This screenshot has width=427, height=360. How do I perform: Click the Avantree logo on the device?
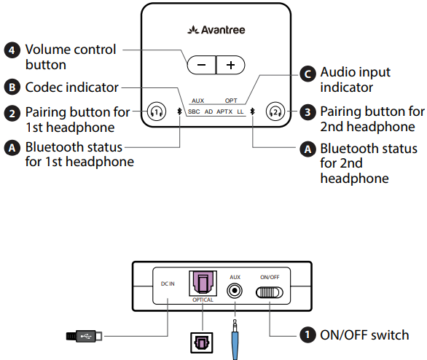(213, 31)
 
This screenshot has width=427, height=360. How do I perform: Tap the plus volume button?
(230, 65)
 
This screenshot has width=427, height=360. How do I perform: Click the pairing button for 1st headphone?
(156, 111)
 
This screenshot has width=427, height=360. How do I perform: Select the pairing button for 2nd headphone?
(275, 111)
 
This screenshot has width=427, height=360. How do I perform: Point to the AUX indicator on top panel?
(198, 101)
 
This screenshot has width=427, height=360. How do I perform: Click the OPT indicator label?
(230, 101)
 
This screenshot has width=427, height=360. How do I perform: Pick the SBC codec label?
(194, 111)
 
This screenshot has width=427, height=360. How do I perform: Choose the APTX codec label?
(224, 111)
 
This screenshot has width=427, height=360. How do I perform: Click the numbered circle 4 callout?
(12, 50)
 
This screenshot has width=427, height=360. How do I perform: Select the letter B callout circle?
(12, 87)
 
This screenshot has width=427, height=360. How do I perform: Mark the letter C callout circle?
(309, 73)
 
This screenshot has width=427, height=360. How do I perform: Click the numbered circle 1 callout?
(308, 335)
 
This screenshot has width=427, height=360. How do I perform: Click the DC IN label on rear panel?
(168, 284)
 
